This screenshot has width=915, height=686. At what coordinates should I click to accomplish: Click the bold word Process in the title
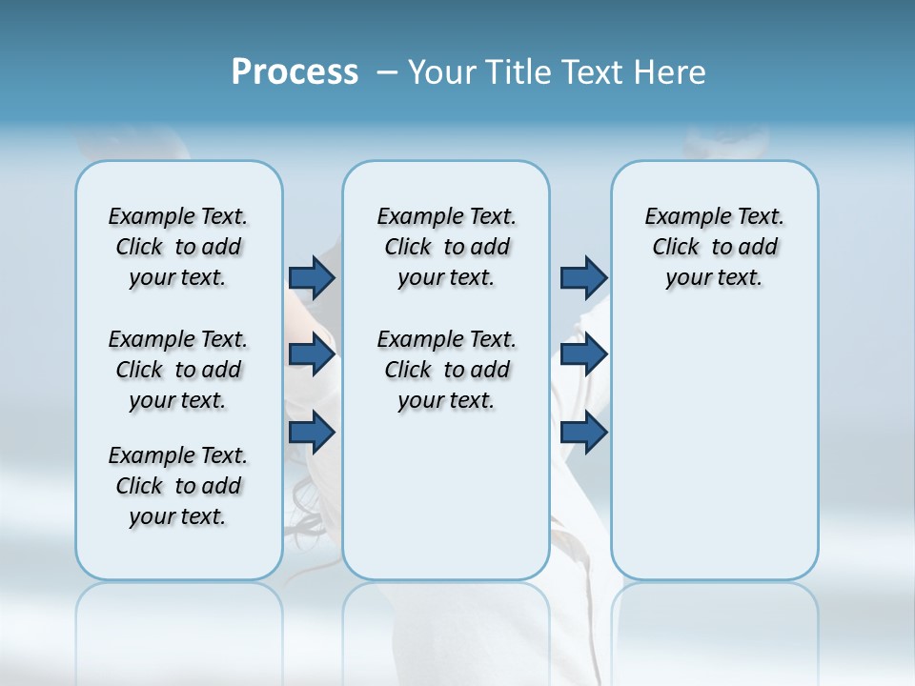pos(295,71)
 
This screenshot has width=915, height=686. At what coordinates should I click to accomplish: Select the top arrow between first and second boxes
pos(312,277)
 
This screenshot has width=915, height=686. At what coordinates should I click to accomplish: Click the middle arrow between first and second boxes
pos(312,355)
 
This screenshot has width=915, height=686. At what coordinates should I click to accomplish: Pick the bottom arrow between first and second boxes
pos(312,433)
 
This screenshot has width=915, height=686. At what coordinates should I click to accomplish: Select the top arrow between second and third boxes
pos(583,277)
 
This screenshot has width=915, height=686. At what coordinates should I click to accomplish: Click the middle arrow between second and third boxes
pos(583,355)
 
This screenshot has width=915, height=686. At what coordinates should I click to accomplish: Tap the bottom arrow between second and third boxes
pos(583,433)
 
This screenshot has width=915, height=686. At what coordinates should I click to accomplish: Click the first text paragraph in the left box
pos(178,247)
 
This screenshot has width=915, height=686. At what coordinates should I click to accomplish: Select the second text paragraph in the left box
pos(178,370)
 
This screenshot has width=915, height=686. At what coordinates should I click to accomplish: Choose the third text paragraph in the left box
pos(178,486)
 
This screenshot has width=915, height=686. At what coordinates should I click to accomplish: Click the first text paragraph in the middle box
pos(446,247)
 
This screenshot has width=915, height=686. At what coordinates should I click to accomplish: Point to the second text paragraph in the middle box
pos(446,370)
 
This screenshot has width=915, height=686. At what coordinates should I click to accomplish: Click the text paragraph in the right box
pos(714,247)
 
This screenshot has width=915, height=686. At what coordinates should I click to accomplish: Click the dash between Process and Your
pos(387,72)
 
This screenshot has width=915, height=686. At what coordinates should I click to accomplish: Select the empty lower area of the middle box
pos(446,495)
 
